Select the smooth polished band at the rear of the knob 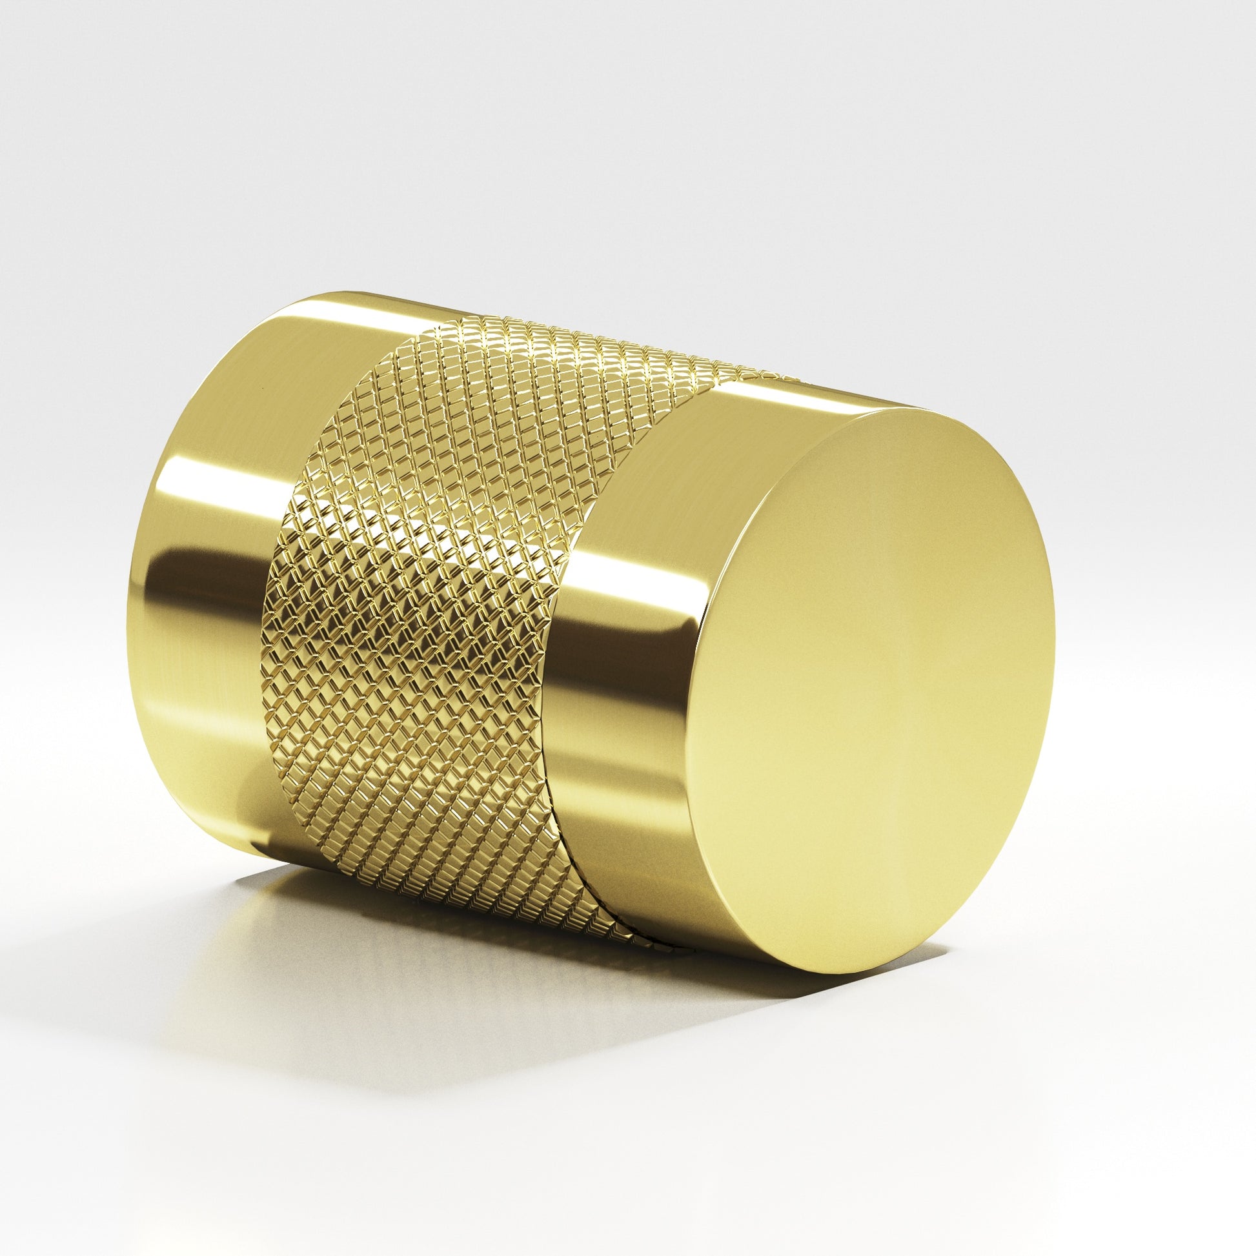pos(214,552)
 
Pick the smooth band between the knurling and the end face pos(624,585)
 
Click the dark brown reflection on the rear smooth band pos(195,585)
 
